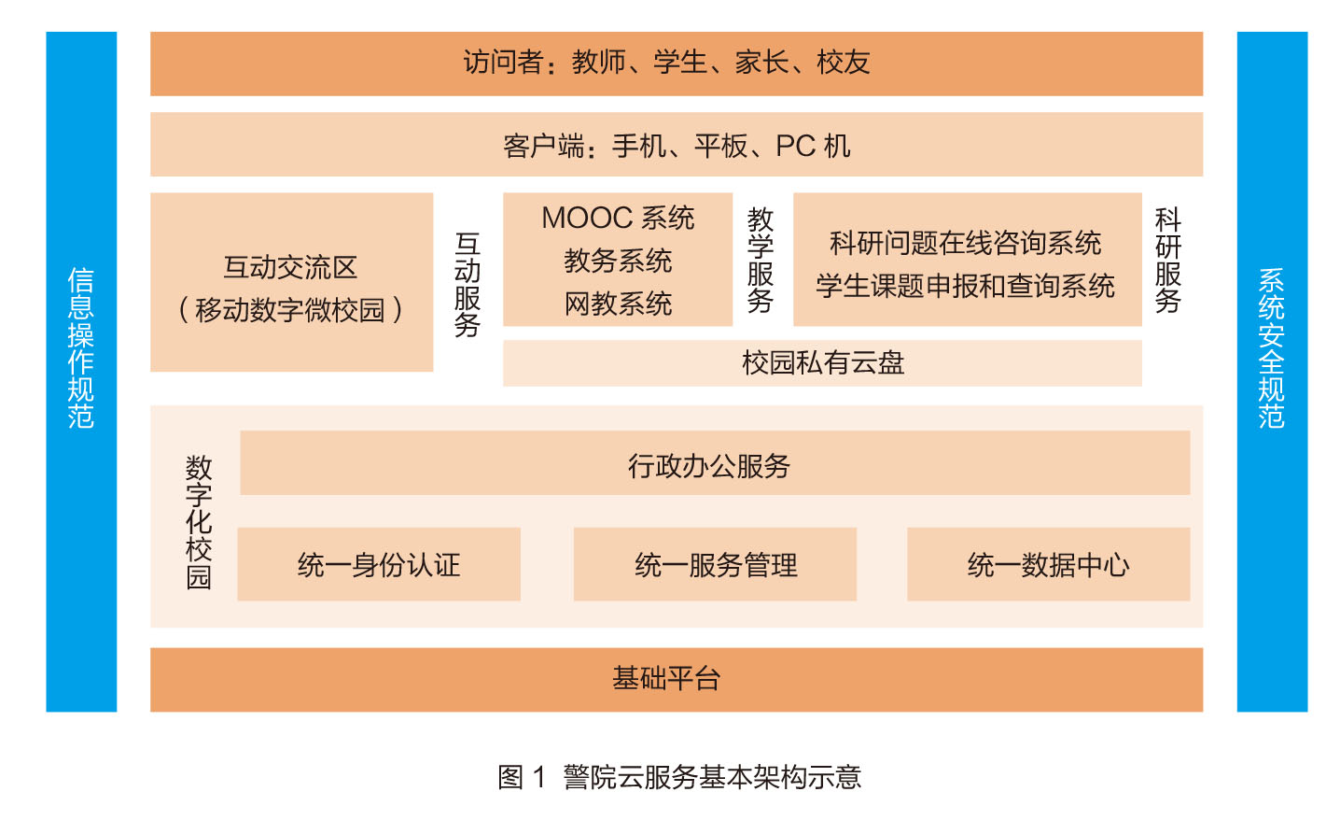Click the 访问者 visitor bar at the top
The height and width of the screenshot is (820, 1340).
tap(677, 64)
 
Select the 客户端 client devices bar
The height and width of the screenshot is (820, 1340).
tap(677, 144)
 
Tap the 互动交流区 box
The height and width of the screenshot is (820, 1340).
tap(292, 282)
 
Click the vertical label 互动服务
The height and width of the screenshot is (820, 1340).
tap(468, 285)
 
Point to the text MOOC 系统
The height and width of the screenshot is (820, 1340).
tap(618, 218)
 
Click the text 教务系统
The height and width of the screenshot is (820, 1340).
tap(618, 261)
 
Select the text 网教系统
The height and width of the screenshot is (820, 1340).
tap(618, 304)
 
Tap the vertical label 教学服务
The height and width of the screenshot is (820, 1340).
tap(761, 260)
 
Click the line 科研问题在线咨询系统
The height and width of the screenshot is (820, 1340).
tap(966, 243)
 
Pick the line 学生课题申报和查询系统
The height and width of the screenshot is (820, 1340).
tap(966, 286)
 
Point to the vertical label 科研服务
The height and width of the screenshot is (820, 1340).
tap(1167, 260)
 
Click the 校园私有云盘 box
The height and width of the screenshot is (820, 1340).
tap(822, 363)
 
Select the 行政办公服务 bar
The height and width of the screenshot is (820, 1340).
tap(715, 463)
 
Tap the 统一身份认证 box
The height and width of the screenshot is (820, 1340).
tap(379, 564)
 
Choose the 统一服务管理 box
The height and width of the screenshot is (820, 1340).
tap(715, 564)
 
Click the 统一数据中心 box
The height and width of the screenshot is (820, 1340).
tap(1049, 564)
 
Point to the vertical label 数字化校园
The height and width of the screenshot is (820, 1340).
tap(199, 522)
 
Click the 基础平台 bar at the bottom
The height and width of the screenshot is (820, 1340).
tap(677, 679)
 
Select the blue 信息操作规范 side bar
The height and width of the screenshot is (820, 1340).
tap(81, 372)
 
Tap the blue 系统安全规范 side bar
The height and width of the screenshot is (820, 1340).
tap(1273, 372)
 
